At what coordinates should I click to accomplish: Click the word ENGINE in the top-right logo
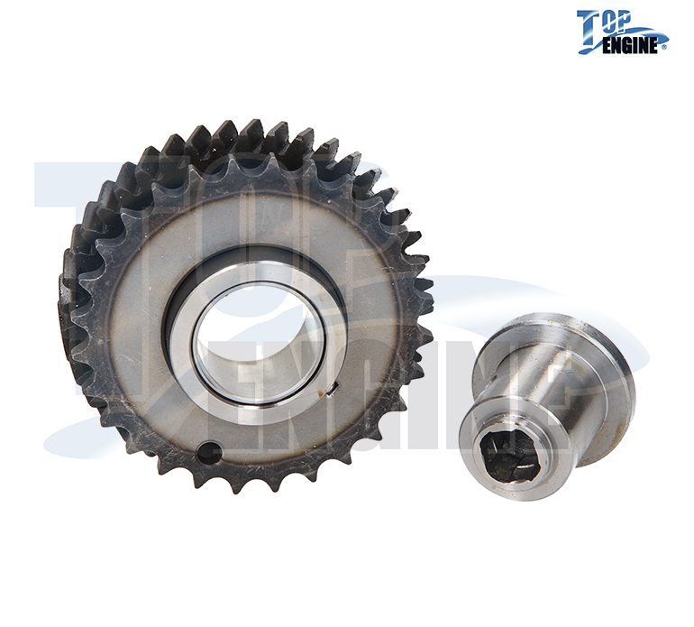pyautogui.click(x=632, y=46)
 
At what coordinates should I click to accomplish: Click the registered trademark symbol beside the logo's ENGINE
pyautogui.click(x=664, y=46)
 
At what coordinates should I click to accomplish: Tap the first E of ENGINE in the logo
pyautogui.click(x=607, y=47)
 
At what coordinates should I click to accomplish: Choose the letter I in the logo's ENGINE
pyautogui.click(x=641, y=47)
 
